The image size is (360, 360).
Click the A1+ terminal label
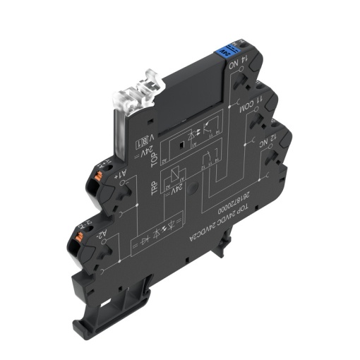(x=121, y=173)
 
